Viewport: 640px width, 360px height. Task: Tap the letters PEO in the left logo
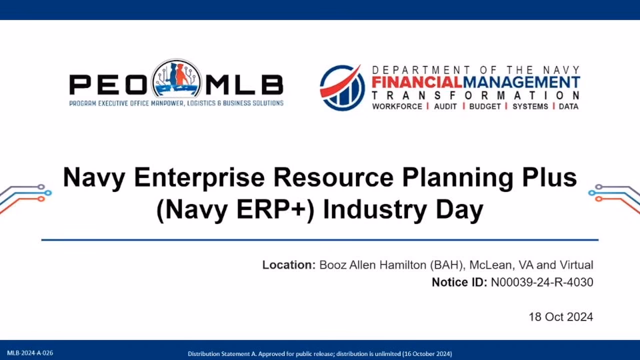[109, 84]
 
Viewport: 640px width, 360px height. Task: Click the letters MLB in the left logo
[244, 84]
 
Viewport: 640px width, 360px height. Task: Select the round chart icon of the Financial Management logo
[342, 87]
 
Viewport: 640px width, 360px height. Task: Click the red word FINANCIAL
[416, 82]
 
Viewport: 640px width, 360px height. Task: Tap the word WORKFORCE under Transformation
[397, 106]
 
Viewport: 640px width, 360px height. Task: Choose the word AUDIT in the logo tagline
[445, 106]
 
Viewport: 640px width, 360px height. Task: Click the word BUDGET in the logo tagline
[485, 106]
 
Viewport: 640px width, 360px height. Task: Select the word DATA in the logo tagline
[568, 106]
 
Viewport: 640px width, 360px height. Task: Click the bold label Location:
[289, 265]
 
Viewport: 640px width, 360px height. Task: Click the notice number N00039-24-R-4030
[541, 282]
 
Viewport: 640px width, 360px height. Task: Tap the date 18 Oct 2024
[560, 317]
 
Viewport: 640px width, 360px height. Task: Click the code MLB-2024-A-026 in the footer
[30, 353]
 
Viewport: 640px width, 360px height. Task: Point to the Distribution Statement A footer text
[319, 353]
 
